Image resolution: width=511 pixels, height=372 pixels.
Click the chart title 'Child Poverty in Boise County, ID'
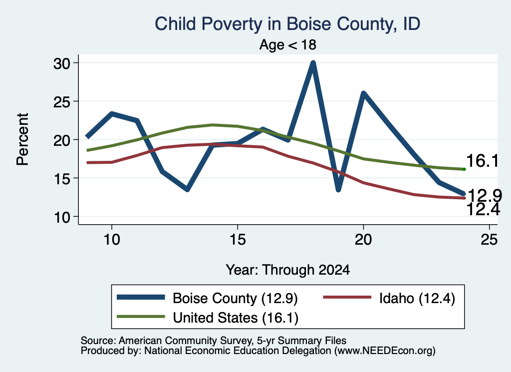pos(287,24)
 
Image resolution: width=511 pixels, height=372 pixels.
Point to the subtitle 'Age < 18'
pos(288,44)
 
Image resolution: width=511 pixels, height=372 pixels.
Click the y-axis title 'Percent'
pos(23,139)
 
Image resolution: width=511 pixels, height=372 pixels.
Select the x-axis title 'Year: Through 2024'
pos(288,270)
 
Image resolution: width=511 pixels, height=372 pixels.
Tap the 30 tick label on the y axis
pos(62,63)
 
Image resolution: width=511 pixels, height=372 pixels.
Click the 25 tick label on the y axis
pos(62,102)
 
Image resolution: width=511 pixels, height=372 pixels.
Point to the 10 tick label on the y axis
pos(62,218)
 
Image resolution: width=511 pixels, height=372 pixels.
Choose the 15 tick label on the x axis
pos(238,240)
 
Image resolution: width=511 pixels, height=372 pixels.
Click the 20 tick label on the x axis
pos(363,240)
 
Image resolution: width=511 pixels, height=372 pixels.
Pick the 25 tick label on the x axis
pos(489,240)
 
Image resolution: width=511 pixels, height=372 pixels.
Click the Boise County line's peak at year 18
pos(313,63)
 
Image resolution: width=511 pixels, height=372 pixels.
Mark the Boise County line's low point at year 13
pos(187,189)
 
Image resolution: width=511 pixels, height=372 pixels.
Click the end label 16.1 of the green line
pos(483,161)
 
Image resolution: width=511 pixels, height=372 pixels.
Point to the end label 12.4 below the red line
pos(483,209)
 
